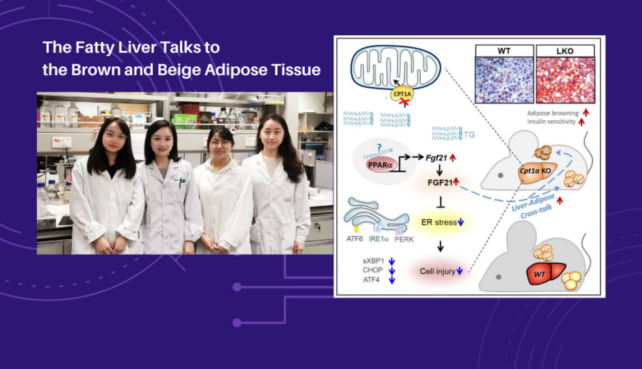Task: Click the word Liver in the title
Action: pyautogui.click(x=137, y=47)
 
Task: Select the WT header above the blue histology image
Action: pyautogui.click(x=504, y=51)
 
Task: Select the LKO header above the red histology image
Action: pyautogui.click(x=565, y=51)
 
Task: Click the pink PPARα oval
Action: pyautogui.click(x=380, y=165)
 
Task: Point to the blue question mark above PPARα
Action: pyautogui.click(x=379, y=148)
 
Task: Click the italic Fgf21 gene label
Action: pyautogui.click(x=436, y=158)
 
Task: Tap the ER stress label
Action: pyautogui.click(x=439, y=222)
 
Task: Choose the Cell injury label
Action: pyautogui.click(x=437, y=271)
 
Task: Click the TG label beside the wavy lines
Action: pyautogui.click(x=469, y=135)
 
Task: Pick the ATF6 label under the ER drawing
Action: pyautogui.click(x=354, y=239)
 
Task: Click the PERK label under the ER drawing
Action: pyautogui.click(x=404, y=239)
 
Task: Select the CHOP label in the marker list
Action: pyautogui.click(x=373, y=270)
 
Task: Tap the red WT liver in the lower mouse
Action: pyautogui.click(x=542, y=273)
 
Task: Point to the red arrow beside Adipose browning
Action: pyautogui.click(x=586, y=113)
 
